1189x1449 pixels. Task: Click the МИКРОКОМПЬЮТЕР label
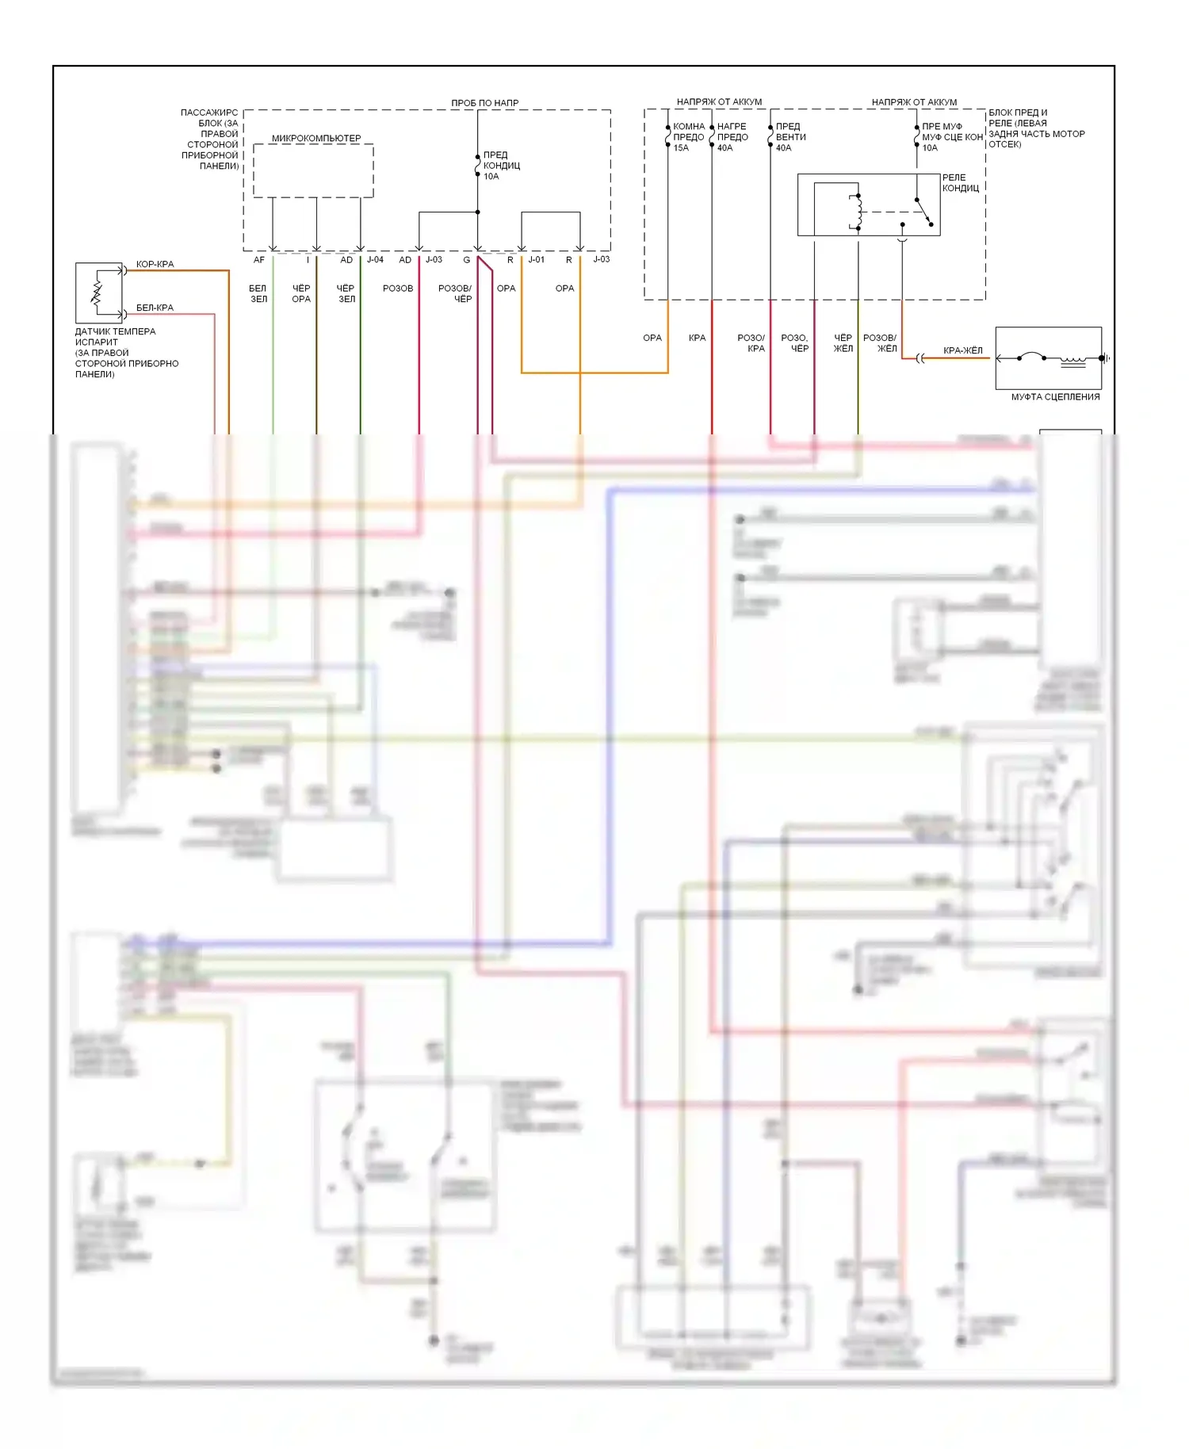(315, 138)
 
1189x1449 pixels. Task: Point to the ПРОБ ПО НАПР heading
(484, 103)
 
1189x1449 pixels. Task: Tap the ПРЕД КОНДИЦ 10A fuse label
(501, 166)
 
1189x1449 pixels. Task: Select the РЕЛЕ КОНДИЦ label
(960, 183)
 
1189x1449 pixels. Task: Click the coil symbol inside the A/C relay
(858, 211)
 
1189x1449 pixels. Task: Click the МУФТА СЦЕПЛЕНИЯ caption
(1054, 397)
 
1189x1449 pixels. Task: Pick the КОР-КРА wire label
(155, 264)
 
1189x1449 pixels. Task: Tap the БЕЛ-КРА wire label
(155, 308)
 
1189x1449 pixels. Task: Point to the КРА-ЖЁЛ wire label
(962, 350)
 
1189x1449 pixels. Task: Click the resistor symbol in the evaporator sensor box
(97, 293)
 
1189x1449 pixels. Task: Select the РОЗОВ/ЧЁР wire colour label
(455, 293)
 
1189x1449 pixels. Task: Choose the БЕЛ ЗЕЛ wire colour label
(258, 293)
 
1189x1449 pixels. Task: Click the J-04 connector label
(375, 260)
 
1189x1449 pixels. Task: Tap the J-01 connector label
(537, 260)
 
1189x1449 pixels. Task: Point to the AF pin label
(258, 260)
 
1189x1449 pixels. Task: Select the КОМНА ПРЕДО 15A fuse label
(688, 137)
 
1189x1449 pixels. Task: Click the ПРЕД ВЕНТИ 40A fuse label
(790, 137)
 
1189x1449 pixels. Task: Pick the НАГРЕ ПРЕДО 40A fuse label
(732, 137)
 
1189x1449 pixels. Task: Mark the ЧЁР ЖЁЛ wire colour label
(843, 342)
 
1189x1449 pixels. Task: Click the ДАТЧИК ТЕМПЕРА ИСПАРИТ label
(115, 337)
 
